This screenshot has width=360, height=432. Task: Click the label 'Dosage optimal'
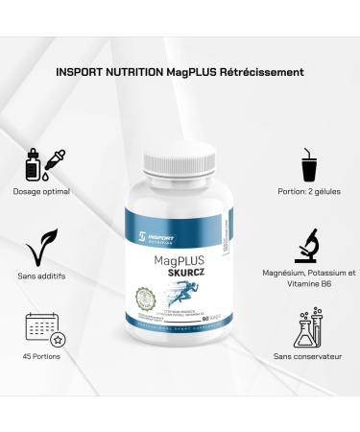click(42, 190)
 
